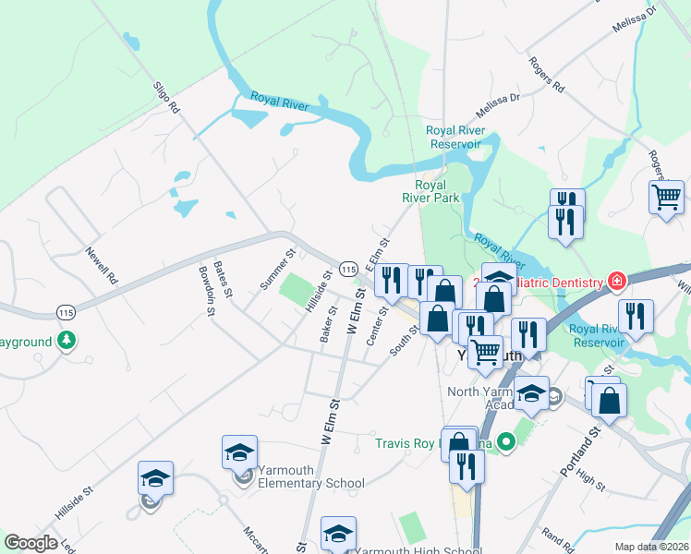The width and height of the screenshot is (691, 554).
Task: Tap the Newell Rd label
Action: click(102, 264)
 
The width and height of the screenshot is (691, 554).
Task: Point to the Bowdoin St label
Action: click(206, 292)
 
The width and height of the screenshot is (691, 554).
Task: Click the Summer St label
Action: click(276, 269)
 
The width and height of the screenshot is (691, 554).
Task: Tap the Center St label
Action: click(376, 327)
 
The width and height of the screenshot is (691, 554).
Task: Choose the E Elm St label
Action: click(374, 253)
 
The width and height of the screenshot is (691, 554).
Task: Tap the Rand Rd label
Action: click(559, 538)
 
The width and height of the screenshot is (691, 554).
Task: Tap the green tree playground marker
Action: click(66, 342)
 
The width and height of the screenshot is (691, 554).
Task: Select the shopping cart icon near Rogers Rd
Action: click(666, 197)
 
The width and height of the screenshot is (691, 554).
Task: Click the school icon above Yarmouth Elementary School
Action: click(239, 452)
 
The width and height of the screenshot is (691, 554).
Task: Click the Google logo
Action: click(30, 543)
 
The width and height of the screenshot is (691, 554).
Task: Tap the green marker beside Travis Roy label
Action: click(505, 443)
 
